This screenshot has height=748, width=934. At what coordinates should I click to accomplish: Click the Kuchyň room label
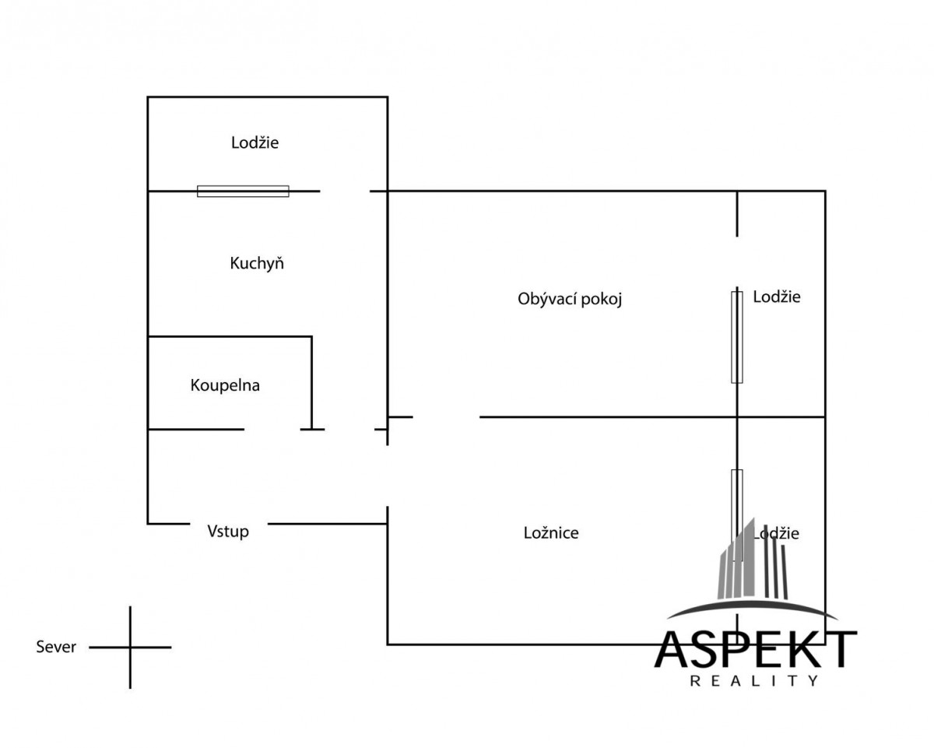(x=257, y=264)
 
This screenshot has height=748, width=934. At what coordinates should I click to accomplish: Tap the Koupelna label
(x=225, y=385)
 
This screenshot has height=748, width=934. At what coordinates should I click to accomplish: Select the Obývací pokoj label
(x=570, y=299)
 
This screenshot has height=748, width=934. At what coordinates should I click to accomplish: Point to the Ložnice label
(x=551, y=532)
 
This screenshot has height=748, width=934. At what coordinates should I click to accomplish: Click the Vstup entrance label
(x=228, y=531)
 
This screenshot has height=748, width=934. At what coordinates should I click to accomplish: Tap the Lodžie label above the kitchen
(x=255, y=142)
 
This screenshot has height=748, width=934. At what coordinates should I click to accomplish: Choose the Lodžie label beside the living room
(x=777, y=297)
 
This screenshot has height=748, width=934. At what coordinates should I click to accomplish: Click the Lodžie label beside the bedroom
(x=777, y=533)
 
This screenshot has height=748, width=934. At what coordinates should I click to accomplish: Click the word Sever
(x=56, y=647)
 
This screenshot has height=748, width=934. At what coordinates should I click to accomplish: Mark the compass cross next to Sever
(x=130, y=648)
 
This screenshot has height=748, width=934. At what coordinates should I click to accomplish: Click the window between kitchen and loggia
(x=243, y=191)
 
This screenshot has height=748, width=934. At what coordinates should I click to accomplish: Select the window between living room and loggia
(x=737, y=337)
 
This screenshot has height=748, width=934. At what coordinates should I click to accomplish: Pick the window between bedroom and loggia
(x=737, y=515)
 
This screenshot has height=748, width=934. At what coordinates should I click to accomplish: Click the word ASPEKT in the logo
(x=756, y=649)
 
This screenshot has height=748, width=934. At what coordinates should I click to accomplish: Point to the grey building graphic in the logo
(x=753, y=560)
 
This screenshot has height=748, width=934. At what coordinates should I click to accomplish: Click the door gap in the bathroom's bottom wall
(x=272, y=430)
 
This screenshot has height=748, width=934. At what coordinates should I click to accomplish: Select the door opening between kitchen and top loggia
(x=345, y=191)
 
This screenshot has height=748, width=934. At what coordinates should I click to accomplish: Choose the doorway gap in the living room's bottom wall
(x=446, y=417)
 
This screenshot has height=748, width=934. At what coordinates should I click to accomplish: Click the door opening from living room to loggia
(x=737, y=262)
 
